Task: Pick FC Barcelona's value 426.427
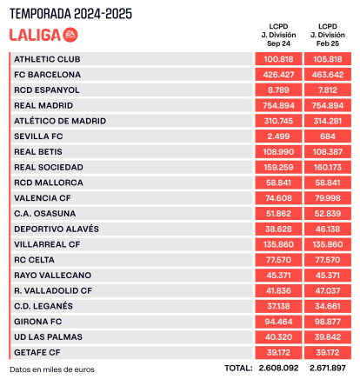(278, 75)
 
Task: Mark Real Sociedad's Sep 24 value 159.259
(278, 167)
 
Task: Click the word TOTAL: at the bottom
(238, 369)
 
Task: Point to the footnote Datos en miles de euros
(52, 369)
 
